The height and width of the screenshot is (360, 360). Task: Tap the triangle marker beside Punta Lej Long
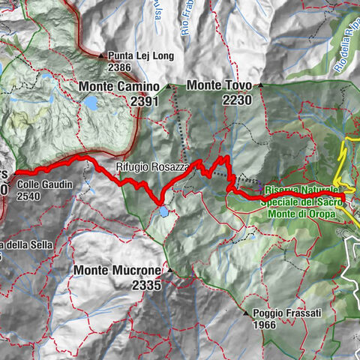pos(100,55)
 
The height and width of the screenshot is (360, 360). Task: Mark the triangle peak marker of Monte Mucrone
pos(170,270)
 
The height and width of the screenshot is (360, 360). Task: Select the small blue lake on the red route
pos(163,212)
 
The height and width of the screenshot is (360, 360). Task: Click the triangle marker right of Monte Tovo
pos(262,85)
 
